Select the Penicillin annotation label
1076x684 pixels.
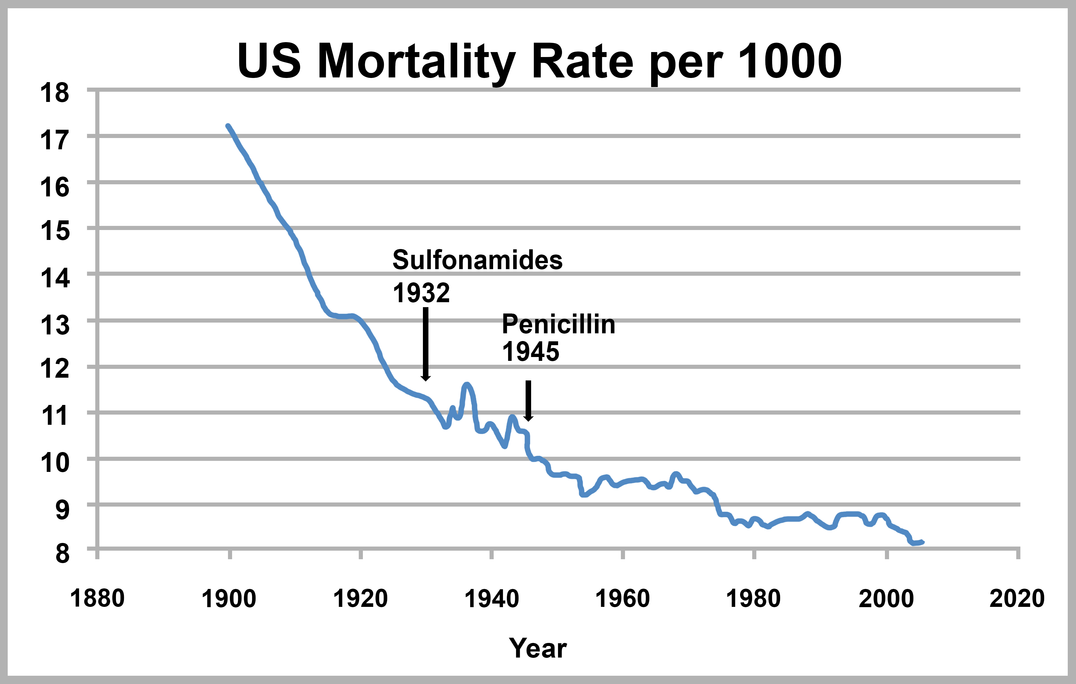[x=559, y=324]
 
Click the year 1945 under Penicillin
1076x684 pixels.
[x=530, y=352]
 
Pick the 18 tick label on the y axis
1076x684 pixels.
[x=55, y=93]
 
